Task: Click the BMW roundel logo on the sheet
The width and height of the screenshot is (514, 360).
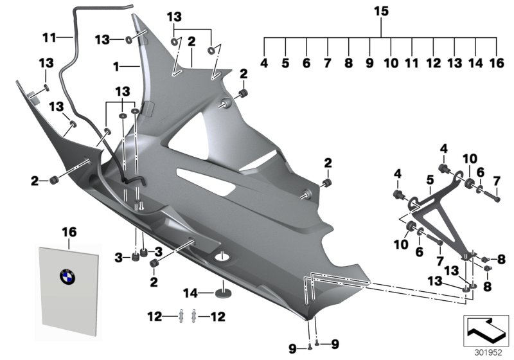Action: click(x=67, y=278)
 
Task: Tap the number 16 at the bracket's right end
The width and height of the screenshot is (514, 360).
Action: click(x=497, y=64)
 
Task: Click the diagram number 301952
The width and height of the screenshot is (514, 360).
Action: click(x=487, y=352)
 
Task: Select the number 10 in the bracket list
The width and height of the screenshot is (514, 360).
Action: click(x=391, y=64)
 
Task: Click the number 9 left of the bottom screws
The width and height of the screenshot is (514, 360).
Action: click(x=293, y=349)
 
